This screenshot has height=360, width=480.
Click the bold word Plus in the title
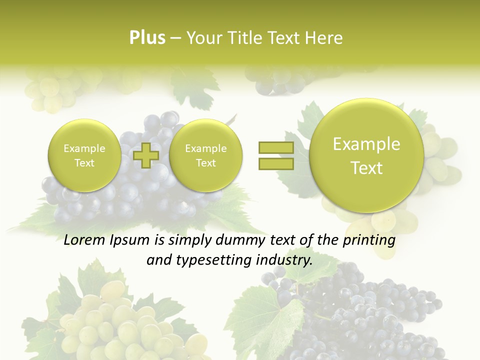pos(147,38)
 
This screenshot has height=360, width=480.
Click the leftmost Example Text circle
pos(84,155)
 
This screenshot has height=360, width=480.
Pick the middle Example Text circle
pos(205,155)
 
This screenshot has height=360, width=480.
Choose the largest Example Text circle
pos(366,155)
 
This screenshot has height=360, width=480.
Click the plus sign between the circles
pos(146,155)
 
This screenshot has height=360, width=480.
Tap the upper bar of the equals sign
pos(275,147)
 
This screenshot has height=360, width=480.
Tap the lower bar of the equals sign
pos(275,164)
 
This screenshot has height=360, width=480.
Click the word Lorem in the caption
pos(84,240)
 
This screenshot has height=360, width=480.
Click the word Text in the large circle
pos(366,168)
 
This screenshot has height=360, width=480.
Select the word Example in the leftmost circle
pos(84,148)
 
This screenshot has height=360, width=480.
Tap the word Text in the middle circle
pos(205,163)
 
